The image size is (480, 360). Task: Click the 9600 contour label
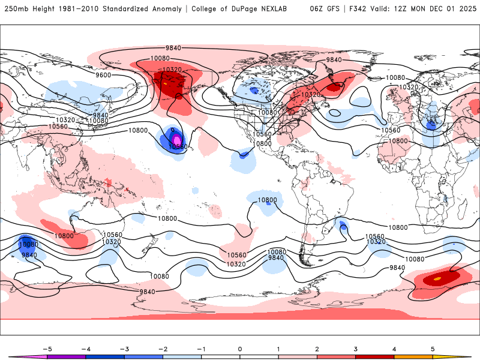(103, 75)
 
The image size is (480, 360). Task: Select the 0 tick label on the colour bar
(240, 349)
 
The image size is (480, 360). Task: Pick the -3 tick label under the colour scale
(124, 349)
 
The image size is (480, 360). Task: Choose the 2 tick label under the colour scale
(317, 349)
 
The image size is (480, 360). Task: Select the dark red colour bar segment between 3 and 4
(374, 356)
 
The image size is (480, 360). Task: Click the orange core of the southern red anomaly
(437, 278)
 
